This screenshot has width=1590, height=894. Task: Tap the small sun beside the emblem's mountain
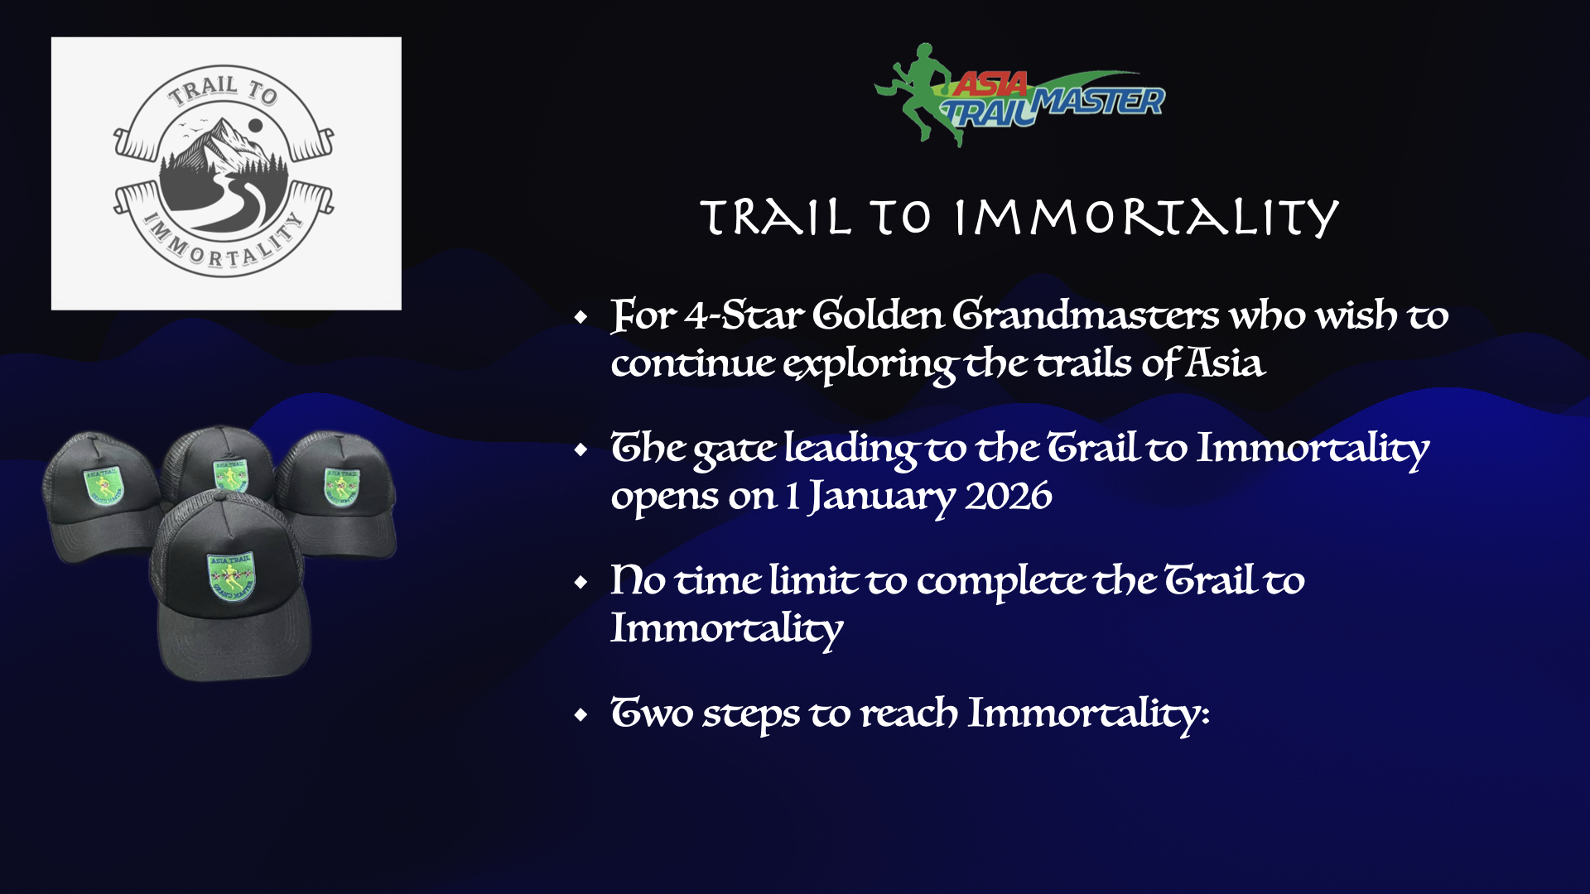pos(256,125)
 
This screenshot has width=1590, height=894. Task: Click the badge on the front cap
pos(231,576)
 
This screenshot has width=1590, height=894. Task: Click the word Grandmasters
pos(1085,315)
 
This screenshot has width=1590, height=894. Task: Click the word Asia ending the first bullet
pos(1225,363)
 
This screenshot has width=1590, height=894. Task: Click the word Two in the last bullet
pos(652,713)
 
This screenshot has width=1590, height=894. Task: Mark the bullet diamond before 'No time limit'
pos(581,583)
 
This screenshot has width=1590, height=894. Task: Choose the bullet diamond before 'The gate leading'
pos(581,450)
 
